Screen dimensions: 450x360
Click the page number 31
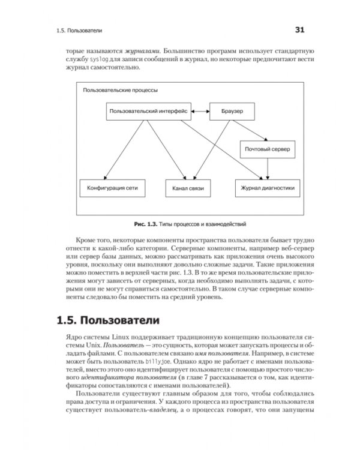pos(300,29)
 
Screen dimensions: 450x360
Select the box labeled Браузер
pos(231,111)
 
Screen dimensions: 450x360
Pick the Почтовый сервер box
pos(268,149)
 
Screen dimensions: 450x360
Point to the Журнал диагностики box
pos(268,188)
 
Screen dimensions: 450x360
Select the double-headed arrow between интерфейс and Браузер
pos(200,111)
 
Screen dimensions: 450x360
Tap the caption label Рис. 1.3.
pos(146,224)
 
